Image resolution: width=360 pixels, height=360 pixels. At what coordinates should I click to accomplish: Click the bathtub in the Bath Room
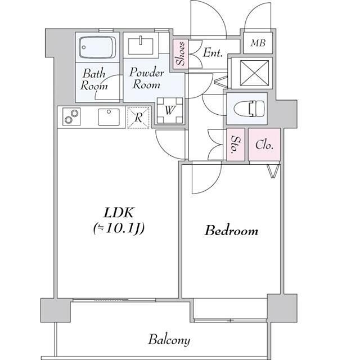click(x=97, y=47)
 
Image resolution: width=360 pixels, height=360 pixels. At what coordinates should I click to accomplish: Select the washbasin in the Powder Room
click(x=141, y=46)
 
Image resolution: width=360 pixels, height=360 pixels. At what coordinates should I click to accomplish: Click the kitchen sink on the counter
click(x=109, y=117)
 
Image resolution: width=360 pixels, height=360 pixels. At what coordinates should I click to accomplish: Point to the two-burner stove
click(x=71, y=116)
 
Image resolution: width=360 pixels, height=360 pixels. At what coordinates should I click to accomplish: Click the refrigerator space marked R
click(x=138, y=118)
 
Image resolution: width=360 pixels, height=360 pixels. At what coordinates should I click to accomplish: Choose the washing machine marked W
click(x=170, y=110)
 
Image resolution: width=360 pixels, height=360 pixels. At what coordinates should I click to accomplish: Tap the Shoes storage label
click(x=181, y=53)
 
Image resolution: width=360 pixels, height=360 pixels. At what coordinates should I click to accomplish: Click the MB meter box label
click(x=258, y=43)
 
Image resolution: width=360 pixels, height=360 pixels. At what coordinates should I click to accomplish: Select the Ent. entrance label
click(x=213, y=52)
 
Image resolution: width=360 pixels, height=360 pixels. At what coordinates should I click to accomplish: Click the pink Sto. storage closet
click(x=236, y=145)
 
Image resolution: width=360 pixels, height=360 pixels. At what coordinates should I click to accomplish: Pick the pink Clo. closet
click(x=264, y=145)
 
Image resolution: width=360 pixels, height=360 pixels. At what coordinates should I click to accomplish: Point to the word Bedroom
click(x=231, y=230)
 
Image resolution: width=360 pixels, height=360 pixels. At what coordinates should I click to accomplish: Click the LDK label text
click(x=119, y=213)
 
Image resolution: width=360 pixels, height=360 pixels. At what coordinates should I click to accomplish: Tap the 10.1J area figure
click(x=119, y=228)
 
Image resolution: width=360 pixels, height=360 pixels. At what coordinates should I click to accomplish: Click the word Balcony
click(x=169, y=340)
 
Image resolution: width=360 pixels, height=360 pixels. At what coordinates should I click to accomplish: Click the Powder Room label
click(x=146, y=78)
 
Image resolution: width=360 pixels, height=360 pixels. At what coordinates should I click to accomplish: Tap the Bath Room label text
click(x=94, y=79)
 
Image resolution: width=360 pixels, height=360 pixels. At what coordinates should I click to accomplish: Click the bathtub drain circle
click(x=84, y=47)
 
